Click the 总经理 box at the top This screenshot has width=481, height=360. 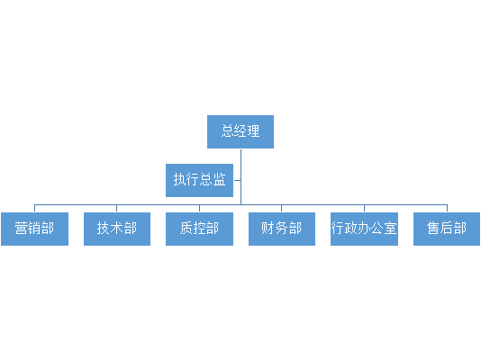point(240,131)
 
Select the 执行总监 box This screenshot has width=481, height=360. point(199,181)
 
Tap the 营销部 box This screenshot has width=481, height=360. point(34,229)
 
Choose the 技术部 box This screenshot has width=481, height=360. point(117,229)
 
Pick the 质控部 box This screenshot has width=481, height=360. point(199,229)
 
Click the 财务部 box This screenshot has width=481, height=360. point(282,229)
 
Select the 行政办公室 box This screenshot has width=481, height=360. point(364,229)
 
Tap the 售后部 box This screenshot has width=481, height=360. point(447,229)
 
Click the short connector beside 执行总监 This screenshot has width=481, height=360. point(237,181)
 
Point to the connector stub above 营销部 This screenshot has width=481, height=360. point(34,208)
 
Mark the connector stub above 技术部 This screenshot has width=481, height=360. point(116,208)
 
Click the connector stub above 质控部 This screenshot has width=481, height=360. point(199,208)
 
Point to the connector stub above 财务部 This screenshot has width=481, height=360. point(281,208)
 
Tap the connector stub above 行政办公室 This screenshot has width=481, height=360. point(364,208)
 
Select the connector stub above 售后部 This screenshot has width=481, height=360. point(447,208)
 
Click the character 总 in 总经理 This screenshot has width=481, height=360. point(227,131)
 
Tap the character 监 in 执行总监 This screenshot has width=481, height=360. point(220,179)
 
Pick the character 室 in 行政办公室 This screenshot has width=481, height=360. point(390,229)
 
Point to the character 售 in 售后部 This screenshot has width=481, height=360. point(433,229)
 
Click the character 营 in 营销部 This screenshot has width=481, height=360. point(21,229)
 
